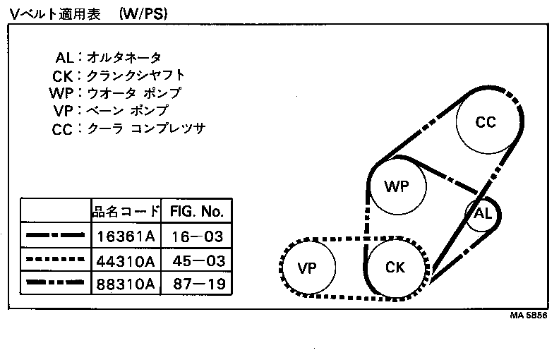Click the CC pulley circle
pos(485,122)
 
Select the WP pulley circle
pos(397,186)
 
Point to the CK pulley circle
pos(395,267)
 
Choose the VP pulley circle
pos(307,268)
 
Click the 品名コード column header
pos(126,211)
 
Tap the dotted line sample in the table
pos(55,260)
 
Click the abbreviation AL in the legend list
pos(66,58)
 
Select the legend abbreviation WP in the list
pos(62,94)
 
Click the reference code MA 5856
pos(529,316)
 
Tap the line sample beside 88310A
pos(55,284)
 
